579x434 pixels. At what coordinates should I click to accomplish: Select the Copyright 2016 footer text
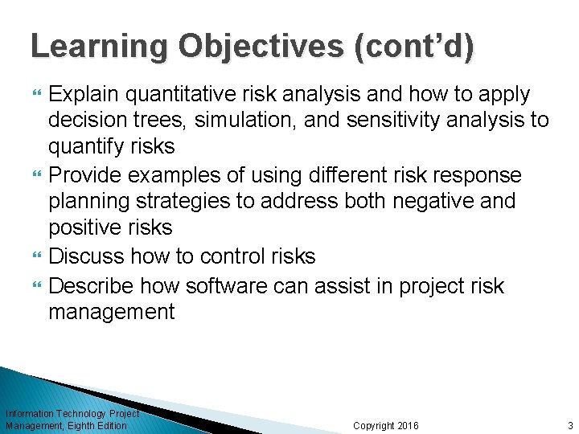(x=386, y=425)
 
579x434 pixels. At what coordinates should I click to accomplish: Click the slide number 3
(x=569, y=425)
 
